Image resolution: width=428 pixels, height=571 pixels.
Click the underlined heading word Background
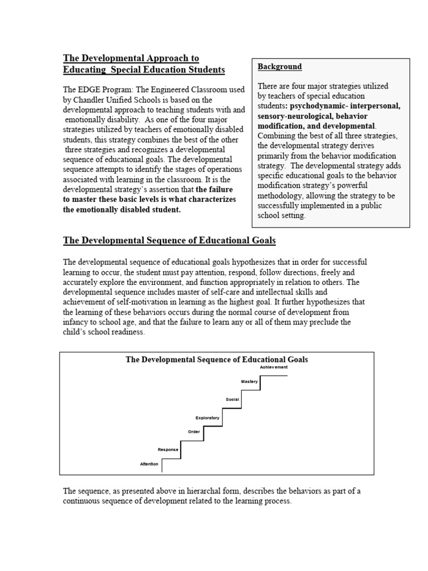tap(279, 66)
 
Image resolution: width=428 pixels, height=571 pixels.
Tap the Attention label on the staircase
tap(149, 464)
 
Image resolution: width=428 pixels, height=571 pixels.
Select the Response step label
tap(168, 449)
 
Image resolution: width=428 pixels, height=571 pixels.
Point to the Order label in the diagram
tap(193, 431)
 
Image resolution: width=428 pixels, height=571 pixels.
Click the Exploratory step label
tap(207, 418)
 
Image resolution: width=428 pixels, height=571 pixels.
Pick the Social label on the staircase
tap(232, 400)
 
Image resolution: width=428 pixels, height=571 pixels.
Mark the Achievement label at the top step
tap(274, 367)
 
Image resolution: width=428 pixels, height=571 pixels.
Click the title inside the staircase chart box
tap(217, 360)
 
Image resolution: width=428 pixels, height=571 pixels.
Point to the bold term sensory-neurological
tap(298, 116)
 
